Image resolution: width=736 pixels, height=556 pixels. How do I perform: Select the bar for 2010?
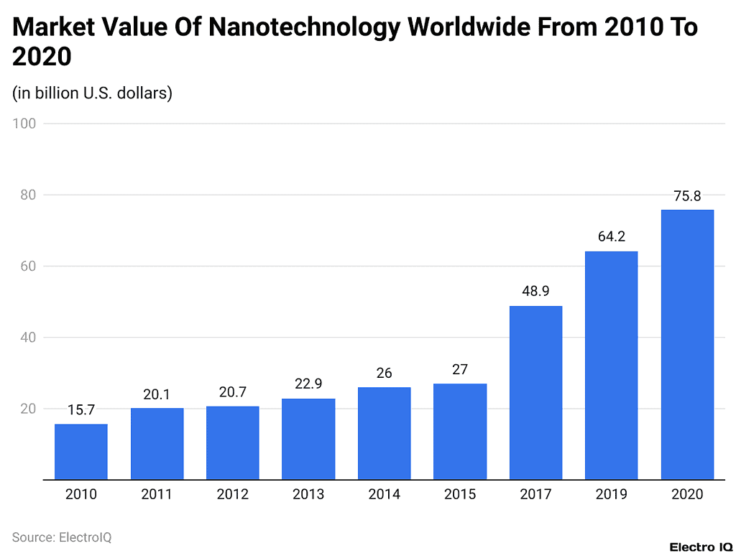(81, 452)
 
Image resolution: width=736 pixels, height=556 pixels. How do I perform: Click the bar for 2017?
(535, 393)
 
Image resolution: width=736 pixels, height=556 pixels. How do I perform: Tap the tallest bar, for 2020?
(687, 345)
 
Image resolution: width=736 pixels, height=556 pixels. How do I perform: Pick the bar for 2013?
(308, 439)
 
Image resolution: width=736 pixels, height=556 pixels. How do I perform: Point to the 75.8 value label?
(687, 196)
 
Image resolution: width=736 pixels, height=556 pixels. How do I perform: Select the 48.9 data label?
(535, 292)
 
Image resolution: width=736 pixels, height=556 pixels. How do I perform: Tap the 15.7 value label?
(81, 410)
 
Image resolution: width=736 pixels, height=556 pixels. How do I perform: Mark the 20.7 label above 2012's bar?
(232, 393)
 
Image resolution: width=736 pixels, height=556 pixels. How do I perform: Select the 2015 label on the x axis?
(460, 494)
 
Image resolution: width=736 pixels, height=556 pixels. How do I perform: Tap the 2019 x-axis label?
(611, 494)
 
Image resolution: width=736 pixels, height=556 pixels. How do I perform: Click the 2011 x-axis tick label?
(157, 494)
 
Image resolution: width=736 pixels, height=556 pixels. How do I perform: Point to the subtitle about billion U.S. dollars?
(92, 93)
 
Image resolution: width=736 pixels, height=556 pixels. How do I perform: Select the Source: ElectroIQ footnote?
(62, 537)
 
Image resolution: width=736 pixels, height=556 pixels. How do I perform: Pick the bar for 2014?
(384, 433)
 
